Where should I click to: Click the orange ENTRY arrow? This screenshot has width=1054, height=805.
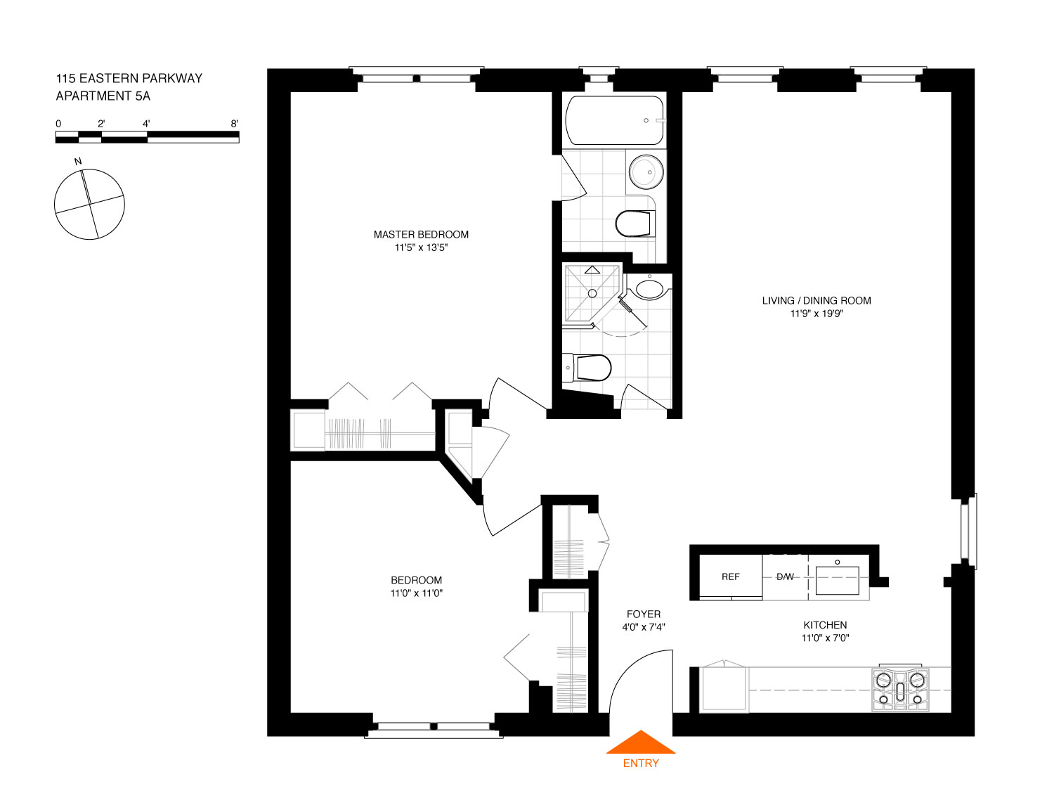click(x=640, y=742)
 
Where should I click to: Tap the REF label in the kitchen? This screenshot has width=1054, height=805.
click(x=730, y=577)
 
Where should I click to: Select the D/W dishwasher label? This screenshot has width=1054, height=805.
click(x=785, y=577)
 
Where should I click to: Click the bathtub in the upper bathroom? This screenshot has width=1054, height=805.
click(x=615, y=120)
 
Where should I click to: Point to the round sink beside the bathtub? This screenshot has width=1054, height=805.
click(x=646, y=172)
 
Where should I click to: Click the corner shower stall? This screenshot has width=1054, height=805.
click(x=592, y=293)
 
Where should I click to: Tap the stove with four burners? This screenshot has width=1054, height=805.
click(x=900, y=689)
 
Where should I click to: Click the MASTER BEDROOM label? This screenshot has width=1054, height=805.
click(x=421, y=234)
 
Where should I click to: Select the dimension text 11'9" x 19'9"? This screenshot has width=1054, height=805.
click(x=816, y=314)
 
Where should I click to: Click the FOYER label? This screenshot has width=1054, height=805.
click(x=644, y=614)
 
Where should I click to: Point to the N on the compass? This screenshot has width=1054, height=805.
click(x=78, y=162)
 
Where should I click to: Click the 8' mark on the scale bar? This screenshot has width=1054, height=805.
click(x=234, y=124)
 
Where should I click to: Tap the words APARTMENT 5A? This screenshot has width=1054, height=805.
click(x=103, y=96)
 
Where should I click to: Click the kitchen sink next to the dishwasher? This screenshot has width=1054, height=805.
click(x=837, y=580)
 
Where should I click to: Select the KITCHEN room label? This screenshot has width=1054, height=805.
click(x=825, y=625)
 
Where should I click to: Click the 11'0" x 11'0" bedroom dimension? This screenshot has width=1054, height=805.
click(x=416, y=593)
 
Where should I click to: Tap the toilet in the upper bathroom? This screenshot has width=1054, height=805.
click(x=635, y=224)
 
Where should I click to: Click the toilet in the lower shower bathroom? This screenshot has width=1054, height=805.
click(x=587, y=368)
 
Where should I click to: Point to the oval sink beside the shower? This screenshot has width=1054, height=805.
click(x=649, y=289)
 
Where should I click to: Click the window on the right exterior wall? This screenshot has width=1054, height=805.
click(x=968, y=531)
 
